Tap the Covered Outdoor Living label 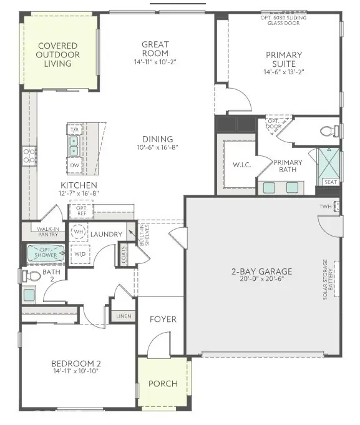click(x=58, y=55)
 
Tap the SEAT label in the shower click(x=329, y=182)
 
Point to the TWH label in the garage click(x=325, y=207)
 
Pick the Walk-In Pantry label click(x=47, y=232)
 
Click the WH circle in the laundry click(x=79, y=232)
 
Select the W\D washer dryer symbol click(x=80, y=255)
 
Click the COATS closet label click(x=124, y=255)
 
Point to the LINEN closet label click(x=124, y=316)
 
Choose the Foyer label click(x=163, y=320)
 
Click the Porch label click(x=163, y=384)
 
